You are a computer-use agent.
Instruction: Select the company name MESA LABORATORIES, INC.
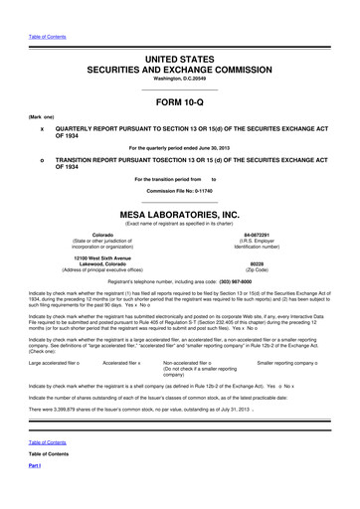(179, 186)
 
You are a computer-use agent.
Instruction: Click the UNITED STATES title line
(179, 34)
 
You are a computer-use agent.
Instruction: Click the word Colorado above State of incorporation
(102, 207)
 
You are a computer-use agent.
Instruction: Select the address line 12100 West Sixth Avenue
(102, 228)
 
